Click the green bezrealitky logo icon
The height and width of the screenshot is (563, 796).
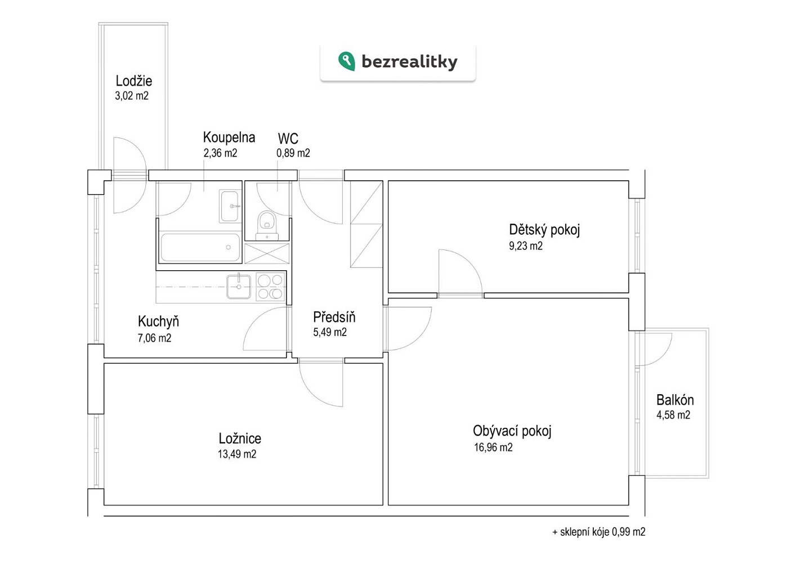(x=346, y=61)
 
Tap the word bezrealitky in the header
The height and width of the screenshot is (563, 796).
(x=409, y=62)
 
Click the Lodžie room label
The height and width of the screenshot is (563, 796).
(x=133, y=81)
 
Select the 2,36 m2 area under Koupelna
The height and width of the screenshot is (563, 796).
(x=220, y=153)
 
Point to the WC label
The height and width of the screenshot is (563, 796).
(x=288, y=138)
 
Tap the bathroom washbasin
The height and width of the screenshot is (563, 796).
(x=230, y=206)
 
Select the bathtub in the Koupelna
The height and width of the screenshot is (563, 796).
(x=200, y=247)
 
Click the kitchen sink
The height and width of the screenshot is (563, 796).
(x=239, y=287)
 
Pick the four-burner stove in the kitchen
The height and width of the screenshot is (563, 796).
(x=270, y=287)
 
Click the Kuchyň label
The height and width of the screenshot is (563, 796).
(x=158, y=321)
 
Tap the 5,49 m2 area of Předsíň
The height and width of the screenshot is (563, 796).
(x=330, y=332)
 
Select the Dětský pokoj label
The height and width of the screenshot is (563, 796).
(x=544, y=230)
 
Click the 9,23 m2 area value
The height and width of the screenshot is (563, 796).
(x=526, y=246)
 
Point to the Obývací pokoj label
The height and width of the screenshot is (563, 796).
(x=512, y=431)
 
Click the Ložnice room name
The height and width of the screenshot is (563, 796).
(x=240, y=439)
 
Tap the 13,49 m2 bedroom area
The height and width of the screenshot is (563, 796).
(x=237, y=454)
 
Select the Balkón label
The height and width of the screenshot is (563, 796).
(x=675, y=400)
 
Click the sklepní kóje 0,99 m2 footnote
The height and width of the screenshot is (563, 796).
(x=599, y=531)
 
